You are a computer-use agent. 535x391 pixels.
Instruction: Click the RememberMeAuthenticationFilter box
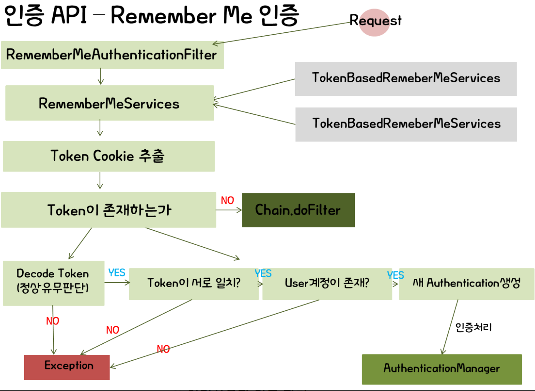click(x=112, y=55)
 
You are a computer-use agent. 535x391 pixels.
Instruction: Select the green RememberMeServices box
click(x=110, y=103)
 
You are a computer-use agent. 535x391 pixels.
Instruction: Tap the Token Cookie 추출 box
click(x=108, y=156)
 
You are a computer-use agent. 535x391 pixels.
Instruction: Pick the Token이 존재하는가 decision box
click(x=108, y=210)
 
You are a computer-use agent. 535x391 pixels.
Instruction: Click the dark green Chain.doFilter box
click(x=298, y=210)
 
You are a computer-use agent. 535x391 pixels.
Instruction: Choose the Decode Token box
click(x=53, y=283)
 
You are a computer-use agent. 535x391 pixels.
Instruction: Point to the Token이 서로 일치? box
click(x=194, y=284)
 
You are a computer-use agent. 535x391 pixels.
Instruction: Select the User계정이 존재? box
click(x=327, y=284)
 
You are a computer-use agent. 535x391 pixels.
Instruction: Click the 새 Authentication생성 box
click(x=466, y=284)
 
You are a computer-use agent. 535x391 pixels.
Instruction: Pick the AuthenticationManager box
click(x=442, y=369)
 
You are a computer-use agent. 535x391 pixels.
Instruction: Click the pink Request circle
click(x=374, y=22)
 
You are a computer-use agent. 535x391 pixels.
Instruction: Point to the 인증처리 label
click(x=474, y=328)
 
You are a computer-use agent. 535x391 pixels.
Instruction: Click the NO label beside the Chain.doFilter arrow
click(x=228, y=200)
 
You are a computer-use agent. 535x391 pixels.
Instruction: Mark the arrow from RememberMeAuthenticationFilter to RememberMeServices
click(x=101, y=77)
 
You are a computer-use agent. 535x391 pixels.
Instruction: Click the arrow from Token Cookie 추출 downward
click(x=100, y=181)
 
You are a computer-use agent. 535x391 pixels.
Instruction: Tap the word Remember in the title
click(x=164, y=16)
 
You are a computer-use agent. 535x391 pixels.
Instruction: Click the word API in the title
click(x=69, y=15)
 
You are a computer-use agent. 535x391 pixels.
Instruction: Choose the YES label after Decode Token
click(x=117, y=273)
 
